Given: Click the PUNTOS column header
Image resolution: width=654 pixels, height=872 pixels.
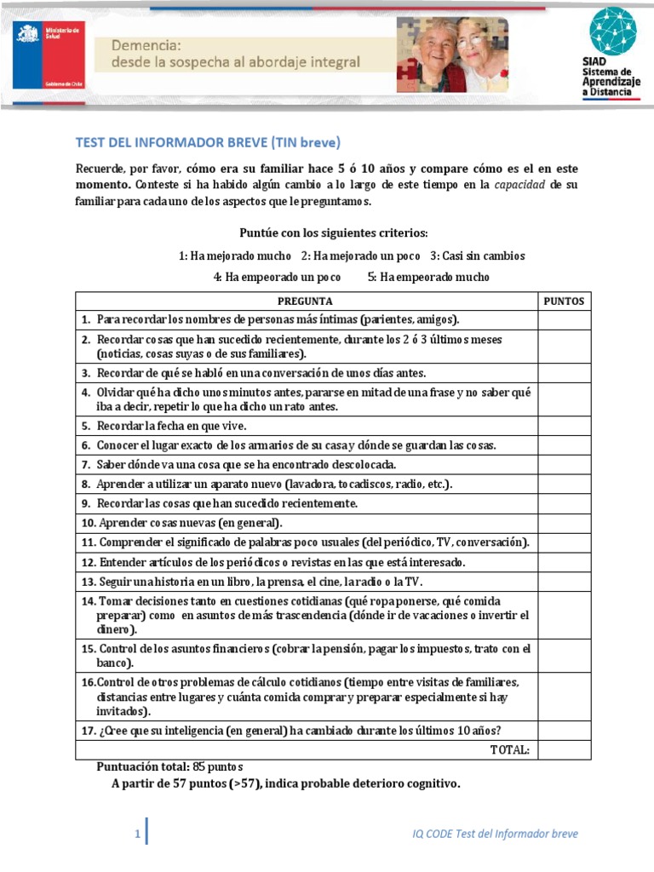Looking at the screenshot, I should tap(564, 301).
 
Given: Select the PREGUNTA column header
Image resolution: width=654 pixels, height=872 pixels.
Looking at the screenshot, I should tap(305, 301).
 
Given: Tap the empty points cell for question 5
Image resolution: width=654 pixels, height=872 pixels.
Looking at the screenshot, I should tap(564, 427).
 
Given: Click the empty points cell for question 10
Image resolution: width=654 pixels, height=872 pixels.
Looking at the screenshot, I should tap(564, 523).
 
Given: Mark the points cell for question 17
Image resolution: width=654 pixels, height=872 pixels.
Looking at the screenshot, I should tap(564, 731).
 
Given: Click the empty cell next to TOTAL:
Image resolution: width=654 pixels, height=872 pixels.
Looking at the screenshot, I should tap(564, 749).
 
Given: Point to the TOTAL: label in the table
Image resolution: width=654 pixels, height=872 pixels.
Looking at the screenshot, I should tap(509, 749).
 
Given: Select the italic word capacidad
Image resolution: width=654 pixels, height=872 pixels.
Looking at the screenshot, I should tap(520, 184).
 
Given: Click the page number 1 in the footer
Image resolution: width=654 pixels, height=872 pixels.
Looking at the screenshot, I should tap(136, 834).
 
